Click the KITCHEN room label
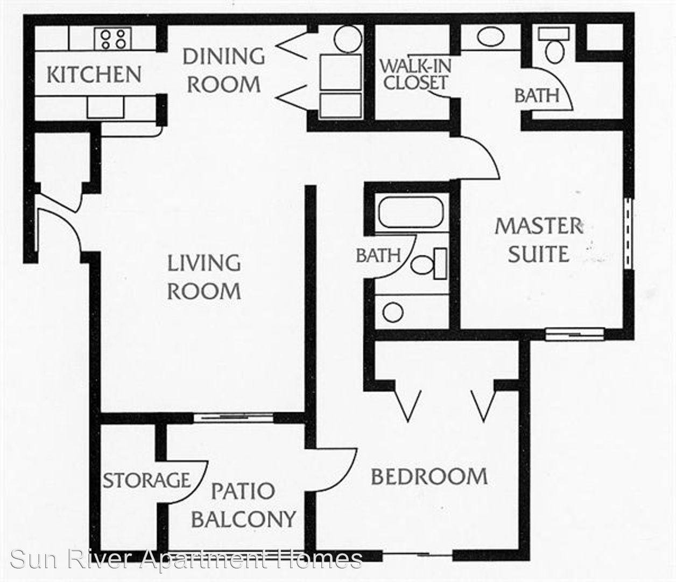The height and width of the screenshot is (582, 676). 94,74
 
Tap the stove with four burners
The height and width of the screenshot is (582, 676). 113,39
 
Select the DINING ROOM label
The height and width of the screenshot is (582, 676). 224,70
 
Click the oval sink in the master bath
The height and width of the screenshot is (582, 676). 490,37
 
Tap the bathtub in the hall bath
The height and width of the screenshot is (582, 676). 411,212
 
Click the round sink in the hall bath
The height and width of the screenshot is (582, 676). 393,312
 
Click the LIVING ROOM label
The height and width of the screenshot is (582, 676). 205,277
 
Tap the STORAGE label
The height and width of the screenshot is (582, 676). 146,481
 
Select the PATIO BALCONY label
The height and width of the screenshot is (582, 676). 243,505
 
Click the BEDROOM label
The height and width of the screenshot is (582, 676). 429,476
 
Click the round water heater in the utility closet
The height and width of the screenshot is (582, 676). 348,39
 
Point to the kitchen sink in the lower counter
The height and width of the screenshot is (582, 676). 105,107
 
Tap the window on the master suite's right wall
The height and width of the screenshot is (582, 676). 628,233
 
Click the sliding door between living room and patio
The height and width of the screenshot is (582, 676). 233,418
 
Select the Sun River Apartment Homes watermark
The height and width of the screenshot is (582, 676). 186,559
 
